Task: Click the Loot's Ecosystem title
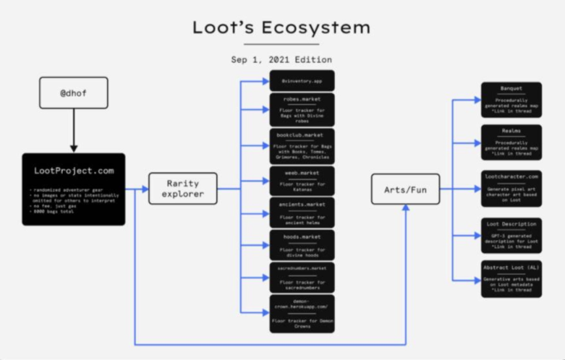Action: point(281,27)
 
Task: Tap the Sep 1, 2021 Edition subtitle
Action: point(281,59)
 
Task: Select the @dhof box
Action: point(73,93)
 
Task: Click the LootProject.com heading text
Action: point(74,171)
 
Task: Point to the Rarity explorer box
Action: point(182,189)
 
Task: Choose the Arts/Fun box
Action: point(405,189)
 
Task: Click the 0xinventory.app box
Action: point(302,81)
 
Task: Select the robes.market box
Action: point(302,110)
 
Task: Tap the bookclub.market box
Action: point(302,146)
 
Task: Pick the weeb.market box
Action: point(302,181)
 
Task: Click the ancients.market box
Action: point(302,212)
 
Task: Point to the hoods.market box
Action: point(302,245)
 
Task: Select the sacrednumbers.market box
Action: point(302,277)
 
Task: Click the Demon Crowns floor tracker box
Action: point(302,313)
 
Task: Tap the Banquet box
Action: point(511,99)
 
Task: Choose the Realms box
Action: point(511,142)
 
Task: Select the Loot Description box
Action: point(511,235)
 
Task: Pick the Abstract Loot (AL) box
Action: point(511,279)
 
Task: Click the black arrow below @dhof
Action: point(74,131)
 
